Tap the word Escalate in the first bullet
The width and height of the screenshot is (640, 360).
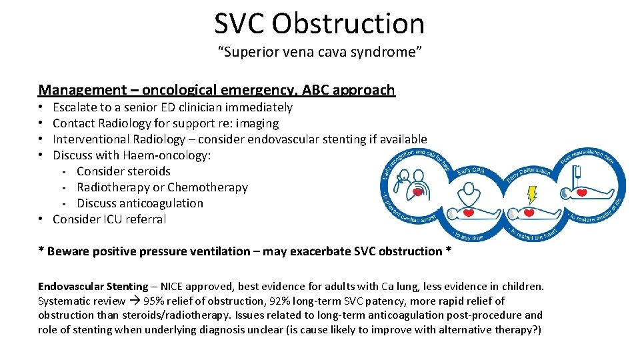point(75,107)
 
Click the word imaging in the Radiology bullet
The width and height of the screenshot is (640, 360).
point(257,123)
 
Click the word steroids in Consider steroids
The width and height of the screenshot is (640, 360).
point(147,171)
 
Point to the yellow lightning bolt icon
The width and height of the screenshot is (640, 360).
point(532,194)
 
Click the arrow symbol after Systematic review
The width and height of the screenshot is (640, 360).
point(135,301)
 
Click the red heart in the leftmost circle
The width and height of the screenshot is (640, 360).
point(418,191)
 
